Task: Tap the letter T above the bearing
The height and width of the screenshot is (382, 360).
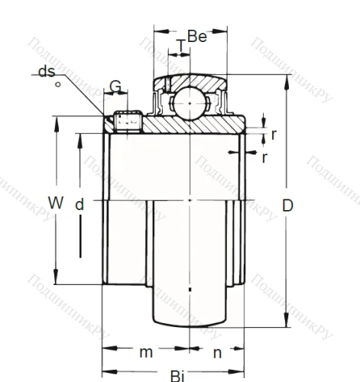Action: coord(180,47)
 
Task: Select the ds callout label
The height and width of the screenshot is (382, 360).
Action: coord(45,72)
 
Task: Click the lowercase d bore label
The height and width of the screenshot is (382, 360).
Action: coord(79,205)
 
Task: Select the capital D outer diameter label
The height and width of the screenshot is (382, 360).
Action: coord(287,205)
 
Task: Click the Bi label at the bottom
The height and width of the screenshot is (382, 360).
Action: coord(177,375)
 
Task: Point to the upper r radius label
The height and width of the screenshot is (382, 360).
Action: coord(273,134)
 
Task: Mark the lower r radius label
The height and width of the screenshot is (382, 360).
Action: coord(264,157)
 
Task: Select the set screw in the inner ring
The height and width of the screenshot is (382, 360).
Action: coord(128,119)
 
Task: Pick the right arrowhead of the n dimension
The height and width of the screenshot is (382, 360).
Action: coord(242,349)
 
